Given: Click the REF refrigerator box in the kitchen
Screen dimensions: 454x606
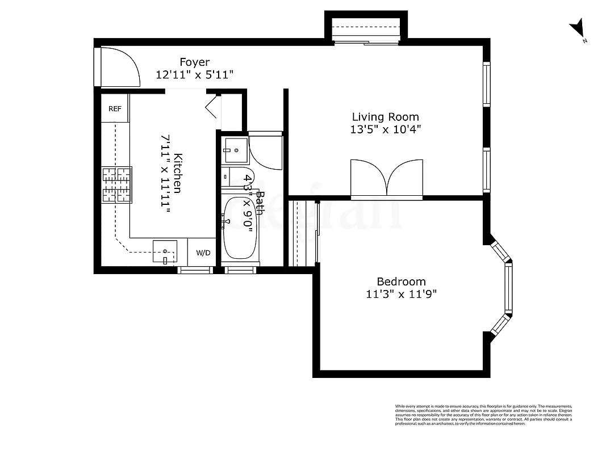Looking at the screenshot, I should pyautogui.click(x=115, y=108).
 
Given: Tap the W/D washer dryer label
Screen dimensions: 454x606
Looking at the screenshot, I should pyautogui.click(x=203, y=253).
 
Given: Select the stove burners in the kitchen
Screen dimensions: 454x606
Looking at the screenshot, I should pyautogui.click(x=116, y=184).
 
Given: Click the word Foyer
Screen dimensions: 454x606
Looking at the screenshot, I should pyautogui.click(x=195, y=62).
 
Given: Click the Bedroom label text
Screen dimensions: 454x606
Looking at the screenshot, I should pyautogui.click(x=401, y=281).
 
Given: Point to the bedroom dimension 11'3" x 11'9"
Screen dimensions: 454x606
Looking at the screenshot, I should pyautogui.click(x=401, y=294).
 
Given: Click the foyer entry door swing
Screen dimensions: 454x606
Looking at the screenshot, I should pyautogui.click(x=119, y=67).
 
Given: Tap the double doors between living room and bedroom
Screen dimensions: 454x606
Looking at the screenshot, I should pyautogui.click(x=387, y=179).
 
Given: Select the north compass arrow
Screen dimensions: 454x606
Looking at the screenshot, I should pyautogui.click(x=578, y=27).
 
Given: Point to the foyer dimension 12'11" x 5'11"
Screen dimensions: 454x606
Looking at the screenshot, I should pyautogui.click(x=195, y=75).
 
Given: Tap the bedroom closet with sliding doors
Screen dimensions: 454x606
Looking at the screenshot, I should pyautogui.click(x=303, y=233).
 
